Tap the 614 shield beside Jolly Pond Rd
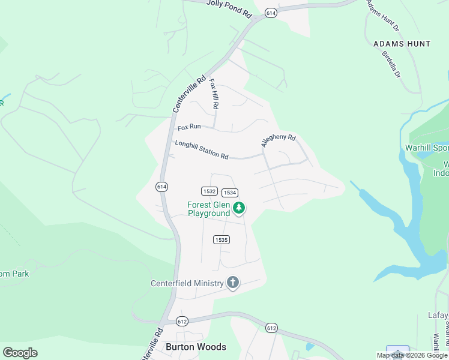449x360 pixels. (x=271, y=13)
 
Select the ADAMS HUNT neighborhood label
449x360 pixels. (x=402, y=44)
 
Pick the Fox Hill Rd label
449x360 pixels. (x=214, y=95)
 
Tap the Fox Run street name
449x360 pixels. (x=188, y=128)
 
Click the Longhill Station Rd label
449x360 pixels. (x=201, y=149)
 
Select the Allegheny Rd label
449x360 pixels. (x=279, y=141)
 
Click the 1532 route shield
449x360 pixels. (x=209, y=191)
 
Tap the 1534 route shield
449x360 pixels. (x=229, y=193)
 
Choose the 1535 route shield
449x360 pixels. (x=221, y=239)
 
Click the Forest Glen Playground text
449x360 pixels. (x=209, y=208)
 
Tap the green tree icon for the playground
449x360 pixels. (x=240, y=208)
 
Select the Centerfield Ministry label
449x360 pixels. (x=187, y=283)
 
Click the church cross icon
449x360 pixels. (x=233, y=283)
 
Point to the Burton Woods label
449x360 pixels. (x=196, y=347)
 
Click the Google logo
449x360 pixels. (x=20, y=352)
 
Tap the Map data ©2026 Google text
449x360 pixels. (x=412, y=355)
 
